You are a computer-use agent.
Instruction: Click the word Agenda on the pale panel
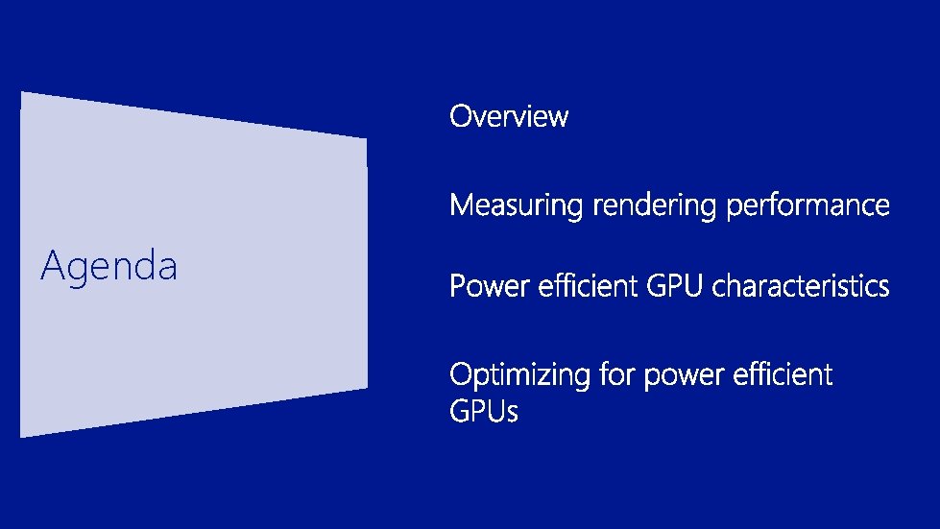pos(108,266)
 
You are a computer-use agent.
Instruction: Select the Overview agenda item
pos(509,117)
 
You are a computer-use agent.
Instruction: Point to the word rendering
pos(655,205)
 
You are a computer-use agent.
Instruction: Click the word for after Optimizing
pos(616,374)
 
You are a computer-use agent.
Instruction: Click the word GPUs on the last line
pos(484,413)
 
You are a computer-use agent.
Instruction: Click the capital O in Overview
pos(461,117)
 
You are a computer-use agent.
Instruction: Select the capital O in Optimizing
pos(462,374)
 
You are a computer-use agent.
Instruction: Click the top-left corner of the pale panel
pos(22,93)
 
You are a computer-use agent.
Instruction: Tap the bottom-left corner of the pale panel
pos(22,436)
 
